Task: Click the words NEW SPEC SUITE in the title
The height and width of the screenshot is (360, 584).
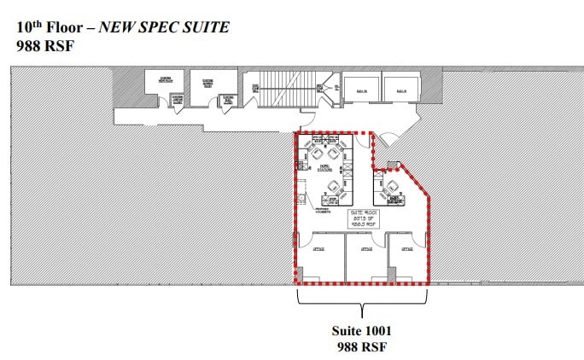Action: [x=165, y=27]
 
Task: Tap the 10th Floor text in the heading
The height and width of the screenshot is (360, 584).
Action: [x=54, y=27]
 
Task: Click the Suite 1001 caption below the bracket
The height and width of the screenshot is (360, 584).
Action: [x=361, y=329]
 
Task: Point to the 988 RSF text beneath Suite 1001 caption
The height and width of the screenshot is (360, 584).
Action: [x=361, y=345]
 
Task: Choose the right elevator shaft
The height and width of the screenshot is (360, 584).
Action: [x=400, y=88]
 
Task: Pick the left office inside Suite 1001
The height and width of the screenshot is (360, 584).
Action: [x=319, y=257]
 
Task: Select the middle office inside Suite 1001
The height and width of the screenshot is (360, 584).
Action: [x=365, y=257]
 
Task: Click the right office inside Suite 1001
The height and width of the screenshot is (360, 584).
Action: [x=407, y=257]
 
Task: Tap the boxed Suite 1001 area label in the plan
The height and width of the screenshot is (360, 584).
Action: [x=364, y=218]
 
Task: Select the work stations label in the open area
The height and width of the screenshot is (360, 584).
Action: [x=325, y=167]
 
